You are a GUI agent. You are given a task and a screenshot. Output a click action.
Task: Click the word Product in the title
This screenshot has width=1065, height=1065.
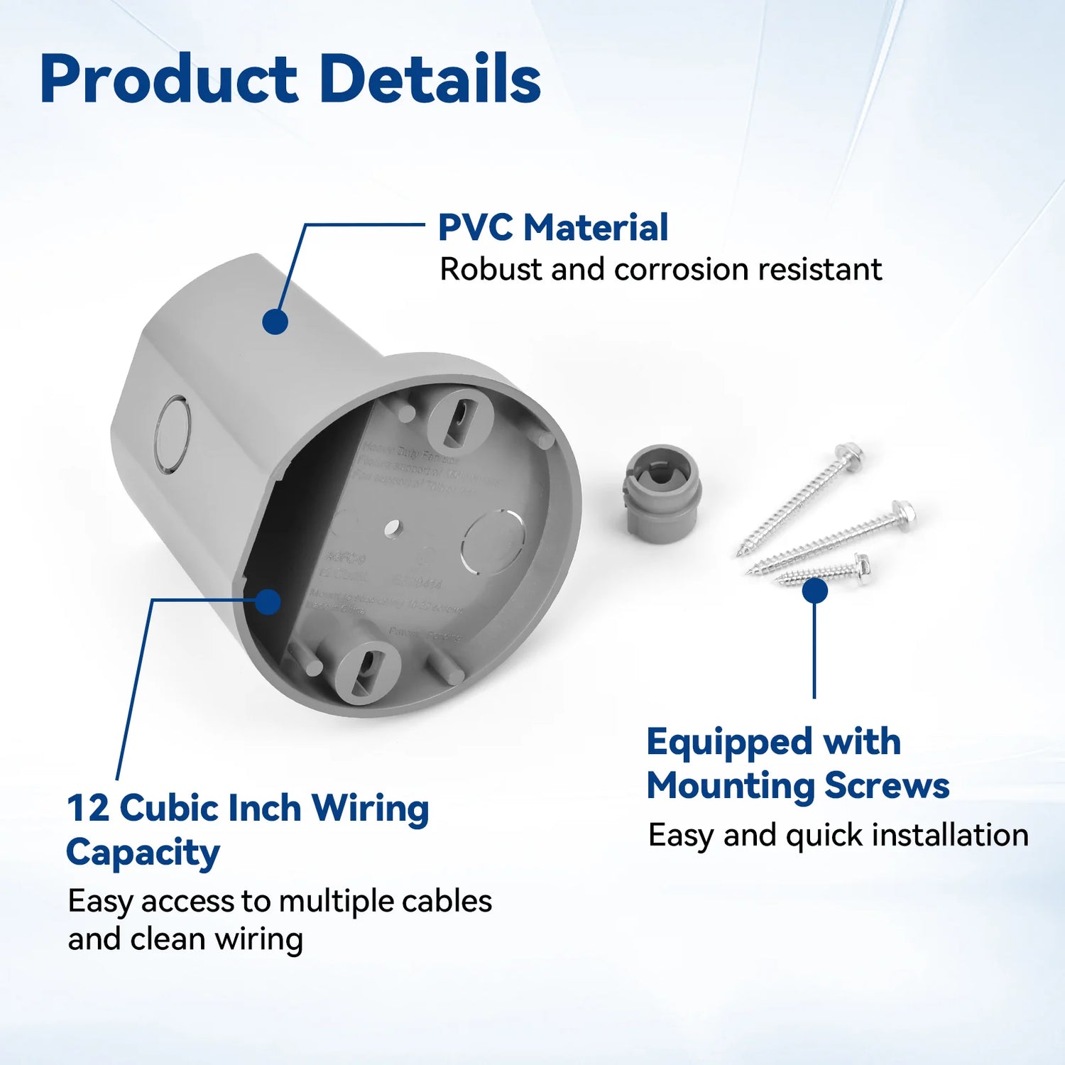click(x=169, y=80)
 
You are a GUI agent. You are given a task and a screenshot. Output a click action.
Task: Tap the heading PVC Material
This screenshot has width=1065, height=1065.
click(x=553, y=228)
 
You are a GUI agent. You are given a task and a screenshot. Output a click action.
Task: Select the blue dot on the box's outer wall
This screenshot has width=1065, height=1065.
click(x=275, y=321)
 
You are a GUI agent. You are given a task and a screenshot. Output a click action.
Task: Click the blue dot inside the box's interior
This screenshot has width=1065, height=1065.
click(x=268, y=602)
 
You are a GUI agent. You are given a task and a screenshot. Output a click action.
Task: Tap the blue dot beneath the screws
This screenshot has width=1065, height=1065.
click(x=814, y=591)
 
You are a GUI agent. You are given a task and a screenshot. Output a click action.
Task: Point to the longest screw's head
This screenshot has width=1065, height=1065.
click(x=848, y=454)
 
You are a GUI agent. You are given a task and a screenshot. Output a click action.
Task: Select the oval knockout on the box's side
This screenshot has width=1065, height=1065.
click(x=173, y=435)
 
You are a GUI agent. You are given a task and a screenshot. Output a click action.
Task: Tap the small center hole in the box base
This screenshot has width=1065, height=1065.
click(x=392, y=528)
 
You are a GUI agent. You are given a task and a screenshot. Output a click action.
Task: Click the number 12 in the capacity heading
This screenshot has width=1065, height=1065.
click(x=88, y=809)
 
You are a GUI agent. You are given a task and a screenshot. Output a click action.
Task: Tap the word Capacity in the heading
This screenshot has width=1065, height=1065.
click(x=143, y=853)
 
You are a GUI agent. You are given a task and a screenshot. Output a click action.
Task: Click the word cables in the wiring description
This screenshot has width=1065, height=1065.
click(x=447, y=902)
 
